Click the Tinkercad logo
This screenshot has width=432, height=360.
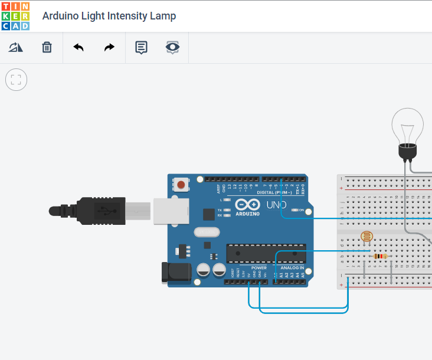(15, 16)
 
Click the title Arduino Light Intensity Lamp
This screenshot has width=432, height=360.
(109, 16)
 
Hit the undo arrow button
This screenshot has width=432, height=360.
(78, 47)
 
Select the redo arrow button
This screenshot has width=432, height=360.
(109, 47)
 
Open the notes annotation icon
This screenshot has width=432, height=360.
(141, 47)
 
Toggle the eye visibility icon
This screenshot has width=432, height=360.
(172, 47)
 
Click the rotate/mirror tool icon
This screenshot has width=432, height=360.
(15, 47)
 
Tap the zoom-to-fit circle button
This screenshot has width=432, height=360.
(16, 80)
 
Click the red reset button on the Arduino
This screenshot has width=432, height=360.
(181, 185)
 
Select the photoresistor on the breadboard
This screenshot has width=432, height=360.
(366, 238)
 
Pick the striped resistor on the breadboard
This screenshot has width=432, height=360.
(381, 256)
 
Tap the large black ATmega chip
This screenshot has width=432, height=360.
(266, 253)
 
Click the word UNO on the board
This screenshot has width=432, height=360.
(276, 205)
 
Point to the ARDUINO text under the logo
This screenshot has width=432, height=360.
(247, 214)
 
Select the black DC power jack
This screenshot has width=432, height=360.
(176, 271)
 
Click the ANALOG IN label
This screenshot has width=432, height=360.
(292, 268)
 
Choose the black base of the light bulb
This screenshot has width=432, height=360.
(408, 153)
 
